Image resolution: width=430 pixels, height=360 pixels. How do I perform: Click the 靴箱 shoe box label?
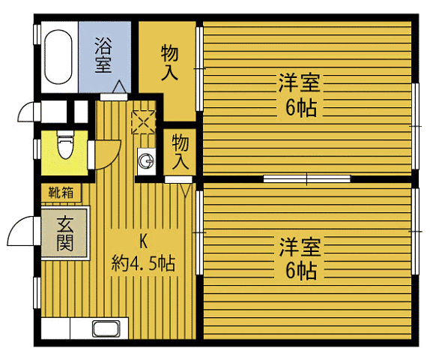click(x=61, y=193)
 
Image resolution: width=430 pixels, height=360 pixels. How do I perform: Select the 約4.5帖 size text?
click(x=144, y=264)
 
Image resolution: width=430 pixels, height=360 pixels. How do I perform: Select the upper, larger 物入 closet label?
click(x=170, y=63)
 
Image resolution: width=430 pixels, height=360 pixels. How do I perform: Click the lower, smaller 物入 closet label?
click(x=181, y=151)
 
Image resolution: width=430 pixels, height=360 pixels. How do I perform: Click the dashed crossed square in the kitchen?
click(x=142, y=122)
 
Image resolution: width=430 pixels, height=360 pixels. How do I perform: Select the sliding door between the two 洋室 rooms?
click(x=307, y=179)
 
